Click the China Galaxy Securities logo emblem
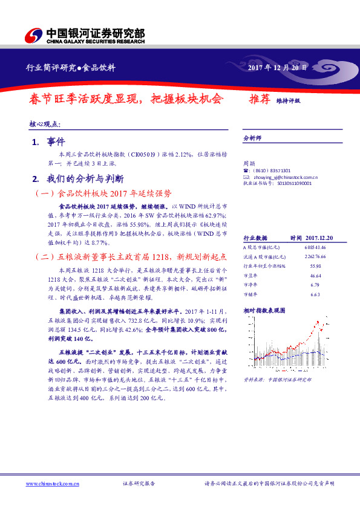point(35,34)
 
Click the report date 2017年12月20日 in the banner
point(278,68)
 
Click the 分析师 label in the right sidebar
point(252,138)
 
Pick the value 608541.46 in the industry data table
point(315,248)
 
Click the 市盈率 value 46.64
point(315,275)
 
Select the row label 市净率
point(250,284)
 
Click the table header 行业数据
point(255,238)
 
